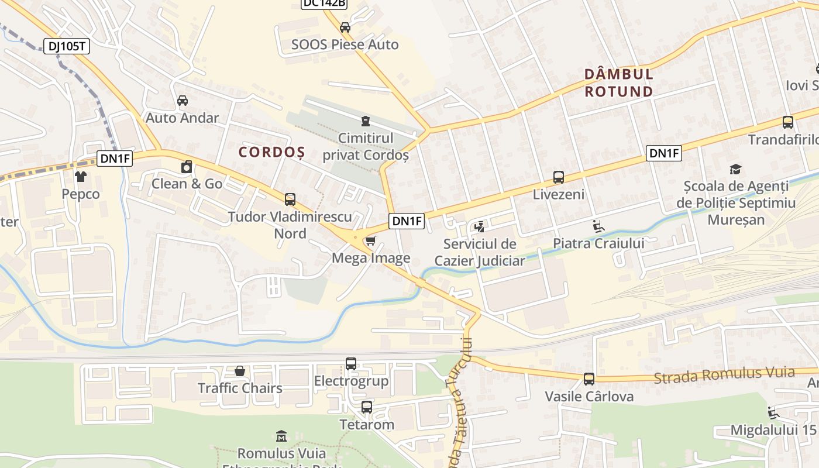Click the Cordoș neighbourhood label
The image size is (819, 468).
[271, 152]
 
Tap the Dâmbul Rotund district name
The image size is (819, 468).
[619, 83]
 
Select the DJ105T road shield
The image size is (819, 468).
[67, 46]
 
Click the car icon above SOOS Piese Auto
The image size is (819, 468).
[345, 27]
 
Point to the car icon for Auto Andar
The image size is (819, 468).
[183, 101]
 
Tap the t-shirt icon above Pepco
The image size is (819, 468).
[81, 177]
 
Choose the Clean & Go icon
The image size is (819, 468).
[187, 167]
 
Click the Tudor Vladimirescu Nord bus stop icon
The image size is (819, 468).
[290, 199]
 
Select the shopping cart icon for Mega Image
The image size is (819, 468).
[370, 241]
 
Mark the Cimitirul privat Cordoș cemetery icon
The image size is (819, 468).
[366, 121]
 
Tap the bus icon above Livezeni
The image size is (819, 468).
[558, 177]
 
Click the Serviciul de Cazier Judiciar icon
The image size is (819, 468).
[480, 226]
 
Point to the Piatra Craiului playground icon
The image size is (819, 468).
[598, 226]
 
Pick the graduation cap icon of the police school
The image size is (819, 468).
[736, 170]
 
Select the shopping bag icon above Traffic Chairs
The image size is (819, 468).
[240, 371]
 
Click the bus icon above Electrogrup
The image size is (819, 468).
[351, 364]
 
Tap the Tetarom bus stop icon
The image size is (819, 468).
[367, 407]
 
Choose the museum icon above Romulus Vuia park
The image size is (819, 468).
[281, 436]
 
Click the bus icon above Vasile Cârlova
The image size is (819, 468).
[589, 379]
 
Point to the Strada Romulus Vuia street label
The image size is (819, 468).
[724, 375]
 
